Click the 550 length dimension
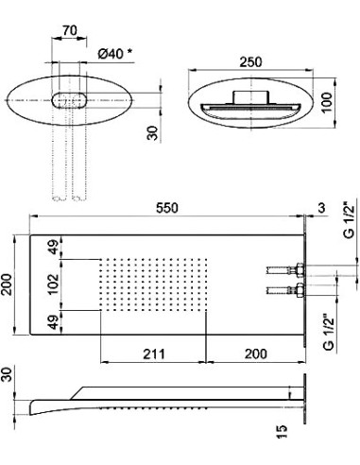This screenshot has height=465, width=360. pyautogui.click(x=167, y=208)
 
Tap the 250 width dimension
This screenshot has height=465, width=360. pyautogui.click(x=250, y=62)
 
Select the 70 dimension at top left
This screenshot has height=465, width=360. pyautogui.click(x=70, y=30)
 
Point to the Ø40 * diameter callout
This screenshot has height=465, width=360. pyautogui.click(x=115, y=54)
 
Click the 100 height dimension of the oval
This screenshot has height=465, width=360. pyautogui.click(x=327, y=102)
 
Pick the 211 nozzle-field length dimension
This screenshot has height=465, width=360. pyautogui.click(x=154, y=353)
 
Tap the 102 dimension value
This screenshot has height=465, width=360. pyautogui.click(x=53, y=284)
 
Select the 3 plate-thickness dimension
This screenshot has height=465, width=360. pyautogui.click(x=321, y=208)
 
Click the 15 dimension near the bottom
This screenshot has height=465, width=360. pyautogui.click(x=282, y=432)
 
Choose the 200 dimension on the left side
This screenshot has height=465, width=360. pyautogui.click(x=7, y=284)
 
